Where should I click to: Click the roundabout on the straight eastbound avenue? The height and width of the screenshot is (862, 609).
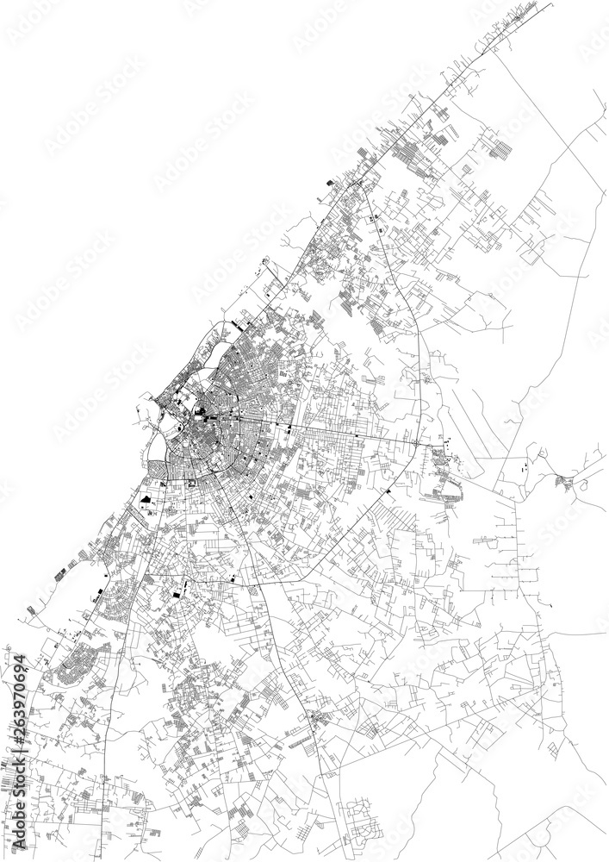click(416, 443)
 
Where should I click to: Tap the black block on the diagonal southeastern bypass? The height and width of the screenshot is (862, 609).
click(388, 490)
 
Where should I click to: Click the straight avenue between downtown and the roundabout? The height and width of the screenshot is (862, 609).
click(345, 433)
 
